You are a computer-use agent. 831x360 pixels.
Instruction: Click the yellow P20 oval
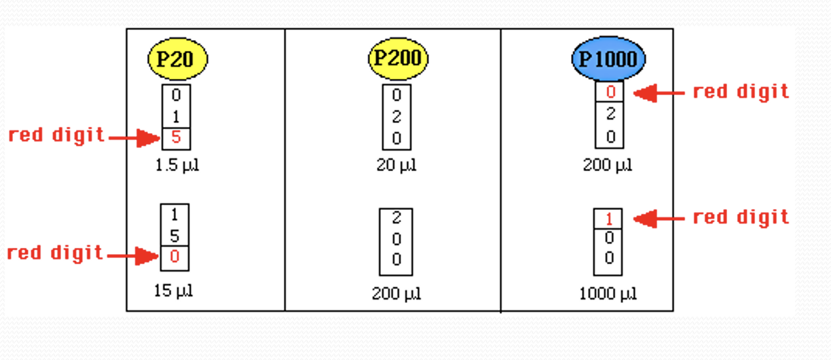(177, 59)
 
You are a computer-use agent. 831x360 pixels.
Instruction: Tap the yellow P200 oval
(398, 58)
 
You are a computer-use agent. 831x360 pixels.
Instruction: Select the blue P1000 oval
(608, 59)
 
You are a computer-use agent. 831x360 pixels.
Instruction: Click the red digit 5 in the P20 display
(177, 138)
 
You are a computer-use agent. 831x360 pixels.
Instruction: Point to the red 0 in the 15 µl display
(175, 258)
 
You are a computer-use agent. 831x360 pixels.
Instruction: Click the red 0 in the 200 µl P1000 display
(610, 92)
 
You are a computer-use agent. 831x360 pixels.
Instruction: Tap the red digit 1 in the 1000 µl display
(609, 219)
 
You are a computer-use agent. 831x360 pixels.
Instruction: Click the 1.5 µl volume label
(177, 165)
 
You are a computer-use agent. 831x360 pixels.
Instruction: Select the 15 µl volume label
(174, 291)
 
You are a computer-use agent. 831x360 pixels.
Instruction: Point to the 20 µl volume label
(396, 165)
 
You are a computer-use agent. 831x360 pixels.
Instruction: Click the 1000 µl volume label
(608, 294)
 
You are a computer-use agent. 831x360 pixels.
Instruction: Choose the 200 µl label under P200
(396, 293)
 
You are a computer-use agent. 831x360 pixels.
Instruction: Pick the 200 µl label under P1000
(607, 165)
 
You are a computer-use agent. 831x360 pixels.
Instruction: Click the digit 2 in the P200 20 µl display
(397, 117)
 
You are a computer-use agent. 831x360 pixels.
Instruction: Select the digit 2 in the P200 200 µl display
(396, 218)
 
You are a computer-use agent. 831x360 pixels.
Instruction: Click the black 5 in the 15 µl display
(174, 237)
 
